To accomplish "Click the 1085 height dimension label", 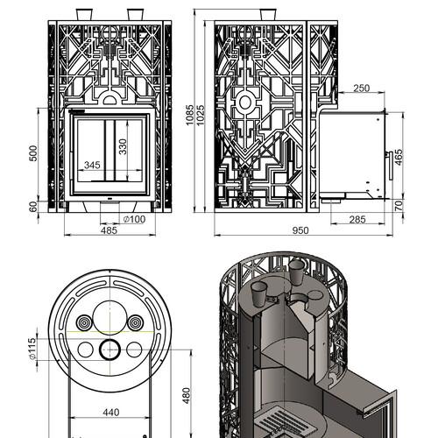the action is (189, 115).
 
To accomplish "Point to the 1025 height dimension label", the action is (201, 115).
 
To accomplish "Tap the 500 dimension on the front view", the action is (33, 153).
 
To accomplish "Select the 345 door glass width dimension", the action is (92, 166).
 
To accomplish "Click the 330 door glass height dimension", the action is (123, 146).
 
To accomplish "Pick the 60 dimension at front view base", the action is (33, 207).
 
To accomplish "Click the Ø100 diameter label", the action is (134, 219).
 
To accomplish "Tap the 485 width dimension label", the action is (109, 230).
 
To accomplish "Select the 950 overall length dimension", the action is (300, 230).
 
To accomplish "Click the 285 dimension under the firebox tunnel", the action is (357, 219).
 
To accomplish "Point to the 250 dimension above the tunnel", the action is (362, 88).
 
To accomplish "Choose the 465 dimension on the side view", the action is (399, 157).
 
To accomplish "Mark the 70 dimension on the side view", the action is (399, 206).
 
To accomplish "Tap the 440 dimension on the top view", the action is (111, 413).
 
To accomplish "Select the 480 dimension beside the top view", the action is (187, 396).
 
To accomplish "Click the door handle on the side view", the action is (391, 166).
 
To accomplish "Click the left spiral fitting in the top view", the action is (84, 323).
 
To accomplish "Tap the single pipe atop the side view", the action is (268, 15).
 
